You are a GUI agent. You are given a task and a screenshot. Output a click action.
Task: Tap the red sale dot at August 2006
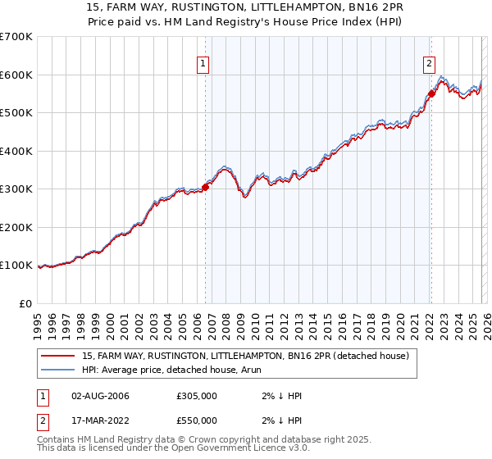point(205,187)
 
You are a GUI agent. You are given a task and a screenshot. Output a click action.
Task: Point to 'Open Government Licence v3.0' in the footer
point(242,448)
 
